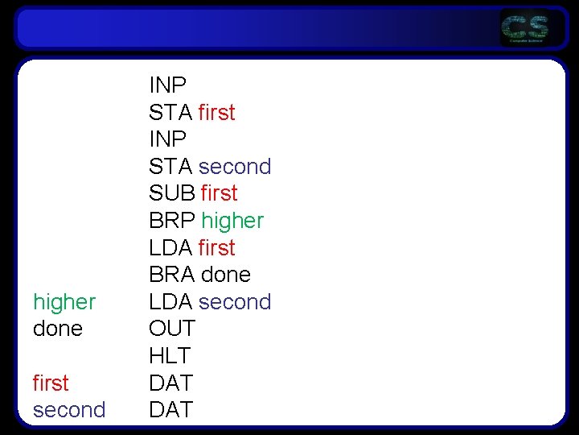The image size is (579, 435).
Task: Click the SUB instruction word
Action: click(171, 193)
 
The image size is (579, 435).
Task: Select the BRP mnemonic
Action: click(171, 220)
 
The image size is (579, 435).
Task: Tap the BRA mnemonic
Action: click(171, 275)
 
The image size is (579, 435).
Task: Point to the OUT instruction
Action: click(171, 329)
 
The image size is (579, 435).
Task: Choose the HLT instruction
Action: click(169, 355)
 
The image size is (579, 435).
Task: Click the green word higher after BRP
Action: click(232, 220)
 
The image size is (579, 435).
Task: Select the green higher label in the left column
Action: click(64, 302)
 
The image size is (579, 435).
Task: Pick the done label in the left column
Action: click(58, 329)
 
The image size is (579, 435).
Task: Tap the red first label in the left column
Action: click(51, 383)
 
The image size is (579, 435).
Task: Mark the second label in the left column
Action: click(69, 410)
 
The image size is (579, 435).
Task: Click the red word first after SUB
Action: click(219, 193)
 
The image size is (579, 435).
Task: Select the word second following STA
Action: click(235, 167)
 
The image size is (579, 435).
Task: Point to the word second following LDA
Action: click(235, 302)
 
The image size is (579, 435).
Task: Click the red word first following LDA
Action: click(216, 247)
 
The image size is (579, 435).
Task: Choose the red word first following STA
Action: click(216, 113)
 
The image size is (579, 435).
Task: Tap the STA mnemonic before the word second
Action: click(170, 167)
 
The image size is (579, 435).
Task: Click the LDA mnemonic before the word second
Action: click(170, 302)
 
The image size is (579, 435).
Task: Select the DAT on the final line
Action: click(170, 410)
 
